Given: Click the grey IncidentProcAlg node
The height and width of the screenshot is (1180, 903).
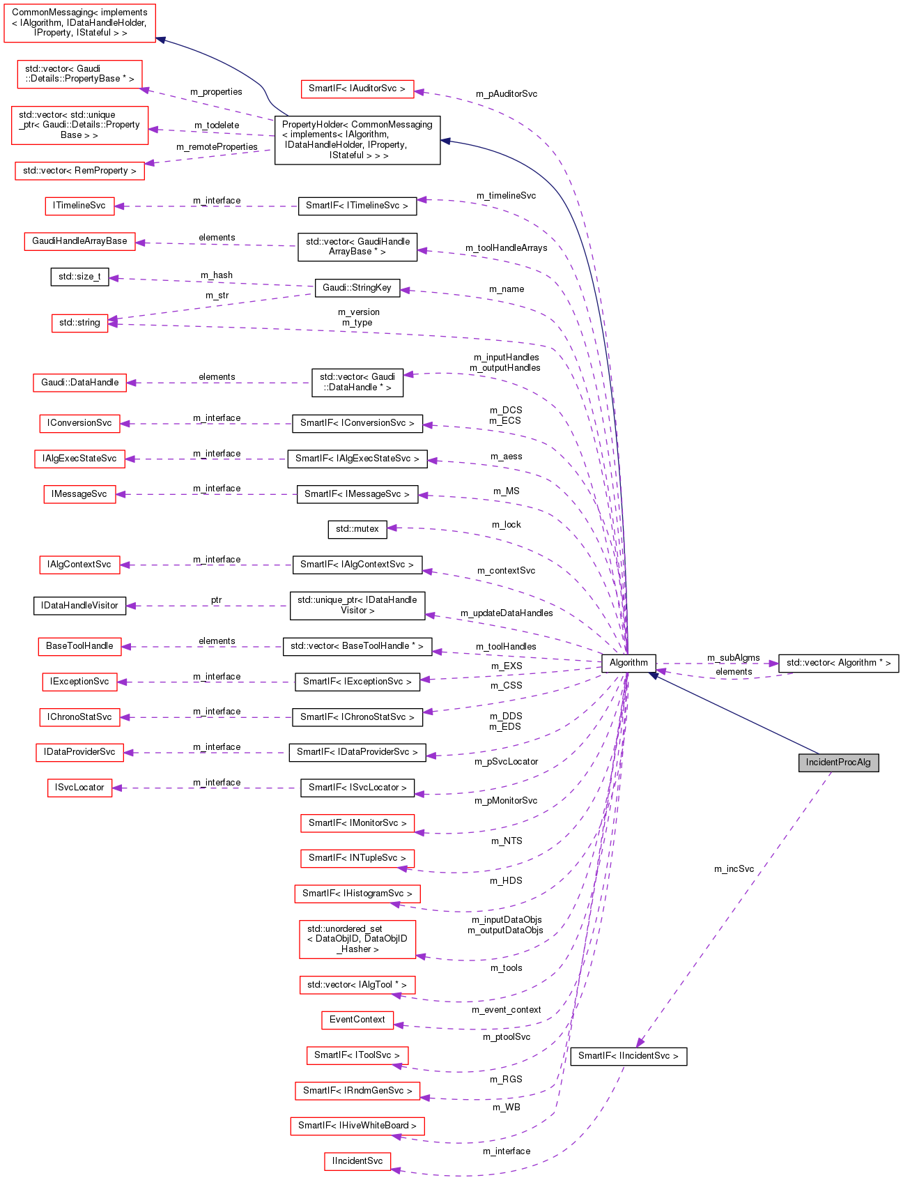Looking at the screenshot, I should [838, 762].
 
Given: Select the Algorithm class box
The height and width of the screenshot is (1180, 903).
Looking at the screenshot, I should [628, 662].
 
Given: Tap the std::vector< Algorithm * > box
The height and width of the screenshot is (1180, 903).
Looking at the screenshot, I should [838, 662].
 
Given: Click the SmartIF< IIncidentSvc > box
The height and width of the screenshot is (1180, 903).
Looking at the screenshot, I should [628, 1055].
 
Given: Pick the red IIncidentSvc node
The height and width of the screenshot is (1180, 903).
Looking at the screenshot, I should [357, 1161].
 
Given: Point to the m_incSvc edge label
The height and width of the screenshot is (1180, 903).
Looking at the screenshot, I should [734, 868].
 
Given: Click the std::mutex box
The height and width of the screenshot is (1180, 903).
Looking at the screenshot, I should [357, 529].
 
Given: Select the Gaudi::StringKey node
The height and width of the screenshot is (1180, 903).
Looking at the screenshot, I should [357, 287].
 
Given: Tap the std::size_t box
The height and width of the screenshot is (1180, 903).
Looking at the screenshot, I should [79, 277].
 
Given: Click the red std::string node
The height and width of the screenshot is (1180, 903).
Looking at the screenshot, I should [79, 323].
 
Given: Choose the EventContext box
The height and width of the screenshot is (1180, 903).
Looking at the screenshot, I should [357, 1020].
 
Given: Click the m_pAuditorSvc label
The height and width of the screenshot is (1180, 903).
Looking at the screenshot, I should [507, 93].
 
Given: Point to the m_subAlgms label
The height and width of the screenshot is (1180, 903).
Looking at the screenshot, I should [733, 657].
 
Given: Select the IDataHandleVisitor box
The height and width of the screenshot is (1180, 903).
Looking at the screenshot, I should [79, 605].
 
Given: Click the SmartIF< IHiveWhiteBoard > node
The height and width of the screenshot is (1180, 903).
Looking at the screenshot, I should [357, 1125].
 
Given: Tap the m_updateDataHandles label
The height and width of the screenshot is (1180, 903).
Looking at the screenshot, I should [507, 613].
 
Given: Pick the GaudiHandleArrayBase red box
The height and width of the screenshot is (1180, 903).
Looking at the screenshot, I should [79, 241].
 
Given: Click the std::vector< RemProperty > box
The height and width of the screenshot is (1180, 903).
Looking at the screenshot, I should [79, 171].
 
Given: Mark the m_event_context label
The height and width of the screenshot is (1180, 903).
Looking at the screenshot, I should [506, 1009].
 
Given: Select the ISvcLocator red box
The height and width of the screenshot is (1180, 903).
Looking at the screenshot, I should [79, 788].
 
